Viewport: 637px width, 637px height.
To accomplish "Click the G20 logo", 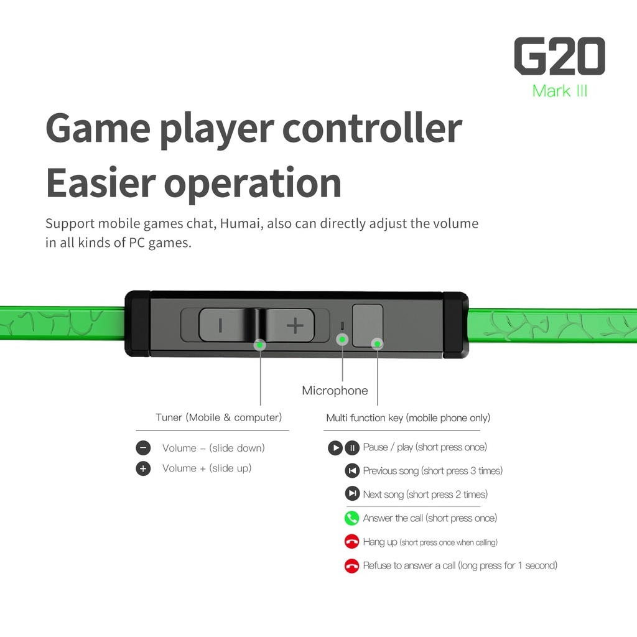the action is coord(559,56).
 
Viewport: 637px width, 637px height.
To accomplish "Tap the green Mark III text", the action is coord(560,91).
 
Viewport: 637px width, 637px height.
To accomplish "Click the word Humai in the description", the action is coord(241,223).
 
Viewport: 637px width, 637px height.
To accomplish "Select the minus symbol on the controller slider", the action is coord(220,325).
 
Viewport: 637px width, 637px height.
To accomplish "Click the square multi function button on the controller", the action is coord(368,325).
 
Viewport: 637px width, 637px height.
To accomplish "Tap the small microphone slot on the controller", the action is coord(342,325).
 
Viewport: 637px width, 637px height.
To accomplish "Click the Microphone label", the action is coord(335,391).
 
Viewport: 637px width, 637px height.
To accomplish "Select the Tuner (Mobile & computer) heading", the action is coord(218,417).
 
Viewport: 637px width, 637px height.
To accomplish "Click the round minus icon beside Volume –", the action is coord(143,448).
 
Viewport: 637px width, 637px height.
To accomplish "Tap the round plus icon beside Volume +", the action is coord(143,468).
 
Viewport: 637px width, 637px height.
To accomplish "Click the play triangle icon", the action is coord(335,448).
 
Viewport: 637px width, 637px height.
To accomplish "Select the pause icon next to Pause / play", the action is coord(352,448).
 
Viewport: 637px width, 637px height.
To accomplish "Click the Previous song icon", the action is coord(352,471).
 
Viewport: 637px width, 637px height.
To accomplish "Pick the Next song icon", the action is coord(352,493).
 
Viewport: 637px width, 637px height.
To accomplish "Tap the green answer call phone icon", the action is coord(352,518).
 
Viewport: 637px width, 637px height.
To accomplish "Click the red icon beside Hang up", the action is coord(352,542).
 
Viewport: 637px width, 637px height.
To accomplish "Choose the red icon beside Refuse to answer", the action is coord(352,565).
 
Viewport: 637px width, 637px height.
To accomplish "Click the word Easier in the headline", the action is coord(101,184).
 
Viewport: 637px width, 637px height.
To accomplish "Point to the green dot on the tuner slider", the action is coord(260,345).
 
